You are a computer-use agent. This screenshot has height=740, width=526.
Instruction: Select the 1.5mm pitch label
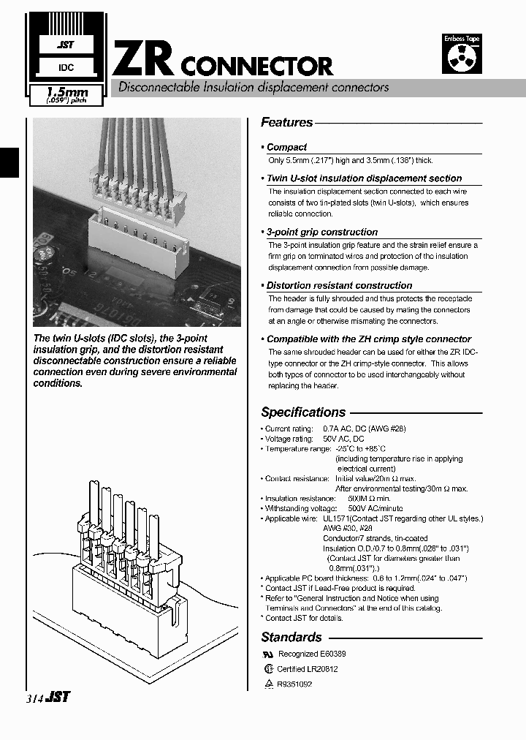coord(66,93)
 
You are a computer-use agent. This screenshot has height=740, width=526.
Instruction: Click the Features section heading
coord(286,123)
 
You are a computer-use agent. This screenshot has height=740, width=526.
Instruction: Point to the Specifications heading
coord(303,412)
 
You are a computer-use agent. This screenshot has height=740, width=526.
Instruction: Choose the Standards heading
coord(291,638)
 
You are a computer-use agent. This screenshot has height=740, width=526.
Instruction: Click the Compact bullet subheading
coord(286,147)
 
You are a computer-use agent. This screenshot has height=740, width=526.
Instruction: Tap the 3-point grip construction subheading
coord(321,232)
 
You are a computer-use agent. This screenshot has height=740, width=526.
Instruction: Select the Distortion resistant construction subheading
coord(339,286)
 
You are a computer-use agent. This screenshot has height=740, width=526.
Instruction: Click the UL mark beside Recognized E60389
coord(267,654)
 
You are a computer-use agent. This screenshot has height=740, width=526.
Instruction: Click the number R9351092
coord(294,684)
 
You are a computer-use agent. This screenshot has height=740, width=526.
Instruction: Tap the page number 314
coord(33,698)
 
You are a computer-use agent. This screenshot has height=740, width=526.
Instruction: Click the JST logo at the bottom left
coord(58,697)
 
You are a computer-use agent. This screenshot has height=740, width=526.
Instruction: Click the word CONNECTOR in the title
coord(256,67)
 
